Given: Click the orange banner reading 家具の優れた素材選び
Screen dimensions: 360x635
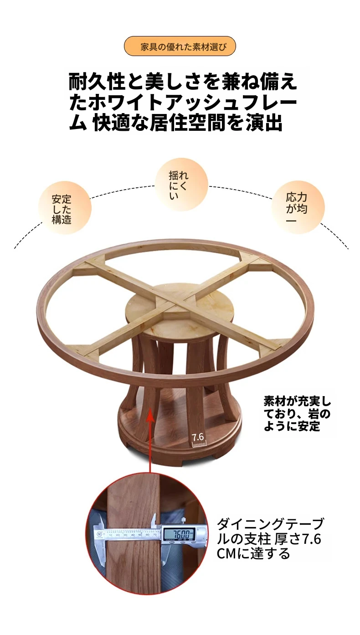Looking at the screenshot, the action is pyautogui.click(x=180, y=46).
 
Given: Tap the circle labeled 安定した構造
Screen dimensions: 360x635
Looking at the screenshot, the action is pyautogui.click(x=65, y=208).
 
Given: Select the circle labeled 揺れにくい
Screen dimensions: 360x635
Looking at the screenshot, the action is pyautogui.click(x=181, y=184).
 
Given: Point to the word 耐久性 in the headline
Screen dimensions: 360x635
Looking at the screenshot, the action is pyautogui.click(x=97, y=82).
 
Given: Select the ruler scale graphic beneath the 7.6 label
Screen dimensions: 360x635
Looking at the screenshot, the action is pyautogui.click(x=199, y=444).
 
